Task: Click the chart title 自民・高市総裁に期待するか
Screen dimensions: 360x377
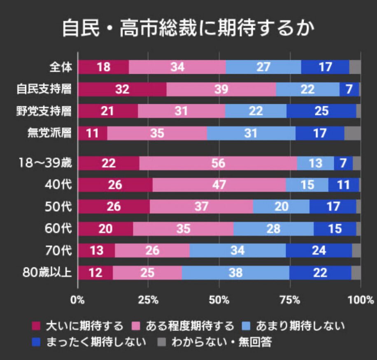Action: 188,29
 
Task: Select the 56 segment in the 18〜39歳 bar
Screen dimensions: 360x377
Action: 218,163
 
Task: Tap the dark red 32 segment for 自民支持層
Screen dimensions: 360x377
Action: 122,89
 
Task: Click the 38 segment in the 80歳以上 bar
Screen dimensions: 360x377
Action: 235,273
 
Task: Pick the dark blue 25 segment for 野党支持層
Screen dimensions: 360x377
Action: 321,111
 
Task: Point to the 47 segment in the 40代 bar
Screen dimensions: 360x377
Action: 219,185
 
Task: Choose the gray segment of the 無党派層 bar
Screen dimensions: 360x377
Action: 352,133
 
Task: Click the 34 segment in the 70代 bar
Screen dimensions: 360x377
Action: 237,250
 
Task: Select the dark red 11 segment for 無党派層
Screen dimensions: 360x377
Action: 93,133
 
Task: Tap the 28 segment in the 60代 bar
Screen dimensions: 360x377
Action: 273,229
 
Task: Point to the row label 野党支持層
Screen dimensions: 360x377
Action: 44,111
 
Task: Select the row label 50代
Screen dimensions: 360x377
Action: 58,207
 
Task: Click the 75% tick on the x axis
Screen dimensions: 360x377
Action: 291,300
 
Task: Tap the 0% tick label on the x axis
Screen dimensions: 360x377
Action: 77,300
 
